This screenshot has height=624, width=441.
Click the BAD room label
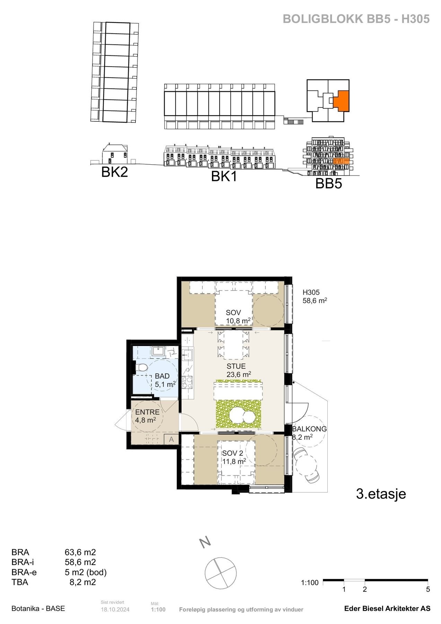(162, 376)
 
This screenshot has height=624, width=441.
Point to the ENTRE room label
(147, 413)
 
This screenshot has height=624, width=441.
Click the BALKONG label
(309, 429)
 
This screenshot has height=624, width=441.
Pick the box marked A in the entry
(171, 439)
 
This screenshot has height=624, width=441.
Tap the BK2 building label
(114, 172)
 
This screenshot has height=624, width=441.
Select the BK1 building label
(224, 177)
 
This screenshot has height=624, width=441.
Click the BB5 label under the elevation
(328, 184)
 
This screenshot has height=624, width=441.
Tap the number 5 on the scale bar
(428, 589)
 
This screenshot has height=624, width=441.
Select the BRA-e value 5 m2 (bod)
(86, 572)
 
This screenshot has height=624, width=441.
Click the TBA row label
(20, 582)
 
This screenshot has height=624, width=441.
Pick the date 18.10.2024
(115, 610)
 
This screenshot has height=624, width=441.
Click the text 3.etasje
(381, 494)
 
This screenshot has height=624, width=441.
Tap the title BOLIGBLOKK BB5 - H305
(356, 19)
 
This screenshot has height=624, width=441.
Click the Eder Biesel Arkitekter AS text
(387, 609)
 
